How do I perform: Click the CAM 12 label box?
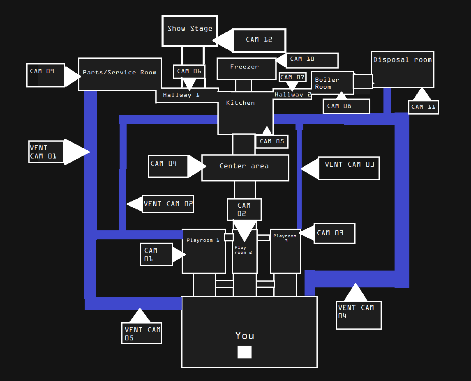[259, 40]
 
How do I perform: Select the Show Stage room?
[189, 31]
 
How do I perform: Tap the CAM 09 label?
[45, 75]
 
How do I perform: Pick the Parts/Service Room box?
[120, 74]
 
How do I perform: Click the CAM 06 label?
[189, 71]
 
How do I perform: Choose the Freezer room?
[246, 69]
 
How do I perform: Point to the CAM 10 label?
[312, 60]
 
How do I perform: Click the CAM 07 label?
[292, 77]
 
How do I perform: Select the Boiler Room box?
[332, 83]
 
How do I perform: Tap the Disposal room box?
[402, 69]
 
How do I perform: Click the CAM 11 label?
[423, 107]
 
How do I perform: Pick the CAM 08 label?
[346, 106]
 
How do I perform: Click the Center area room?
[245, 168]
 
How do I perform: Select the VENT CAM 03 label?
[349, 168]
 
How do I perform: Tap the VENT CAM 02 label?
[168, 204]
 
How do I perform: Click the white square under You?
[245, 352]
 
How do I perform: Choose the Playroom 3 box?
[286, 251]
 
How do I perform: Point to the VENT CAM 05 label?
[141, 333]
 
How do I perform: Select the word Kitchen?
[240, 103]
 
